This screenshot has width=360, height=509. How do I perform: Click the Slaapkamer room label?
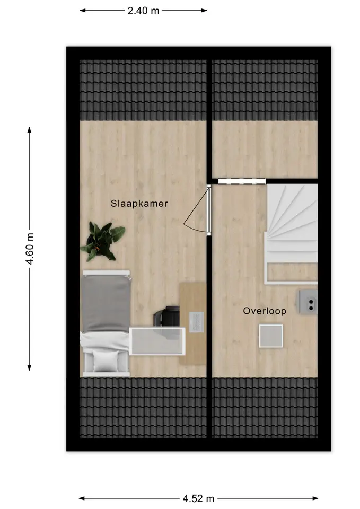[x=139, y=204]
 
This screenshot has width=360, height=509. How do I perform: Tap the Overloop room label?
[x=265, y=311]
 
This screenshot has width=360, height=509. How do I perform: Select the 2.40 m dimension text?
[x=144, y=11]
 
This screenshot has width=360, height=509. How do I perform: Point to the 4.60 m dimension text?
[x=30, y=249]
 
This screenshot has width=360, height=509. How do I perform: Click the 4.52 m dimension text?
[x=198, y=498]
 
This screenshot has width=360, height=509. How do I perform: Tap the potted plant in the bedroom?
[x=102, y=241]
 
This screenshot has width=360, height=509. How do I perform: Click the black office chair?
[x=167, y=316]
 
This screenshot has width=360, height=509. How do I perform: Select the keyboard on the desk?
[x=196, y=322]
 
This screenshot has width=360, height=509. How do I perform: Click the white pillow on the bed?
[x=106, y=361]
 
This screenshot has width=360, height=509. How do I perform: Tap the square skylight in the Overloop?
[x=271, y=336]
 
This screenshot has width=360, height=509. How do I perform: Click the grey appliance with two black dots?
[x=308, y=302]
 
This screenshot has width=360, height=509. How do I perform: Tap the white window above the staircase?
[x=242, y=181]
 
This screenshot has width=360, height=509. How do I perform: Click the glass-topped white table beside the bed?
[x=157, y=341]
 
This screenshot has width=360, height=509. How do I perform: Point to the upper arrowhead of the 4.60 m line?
[x=30, y=130]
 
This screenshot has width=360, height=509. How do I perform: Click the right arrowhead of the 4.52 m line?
[x=315, y=498]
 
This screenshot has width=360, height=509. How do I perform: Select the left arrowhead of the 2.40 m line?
[x=83, y=11]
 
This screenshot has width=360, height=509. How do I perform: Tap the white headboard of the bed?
[x=106, y=273]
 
